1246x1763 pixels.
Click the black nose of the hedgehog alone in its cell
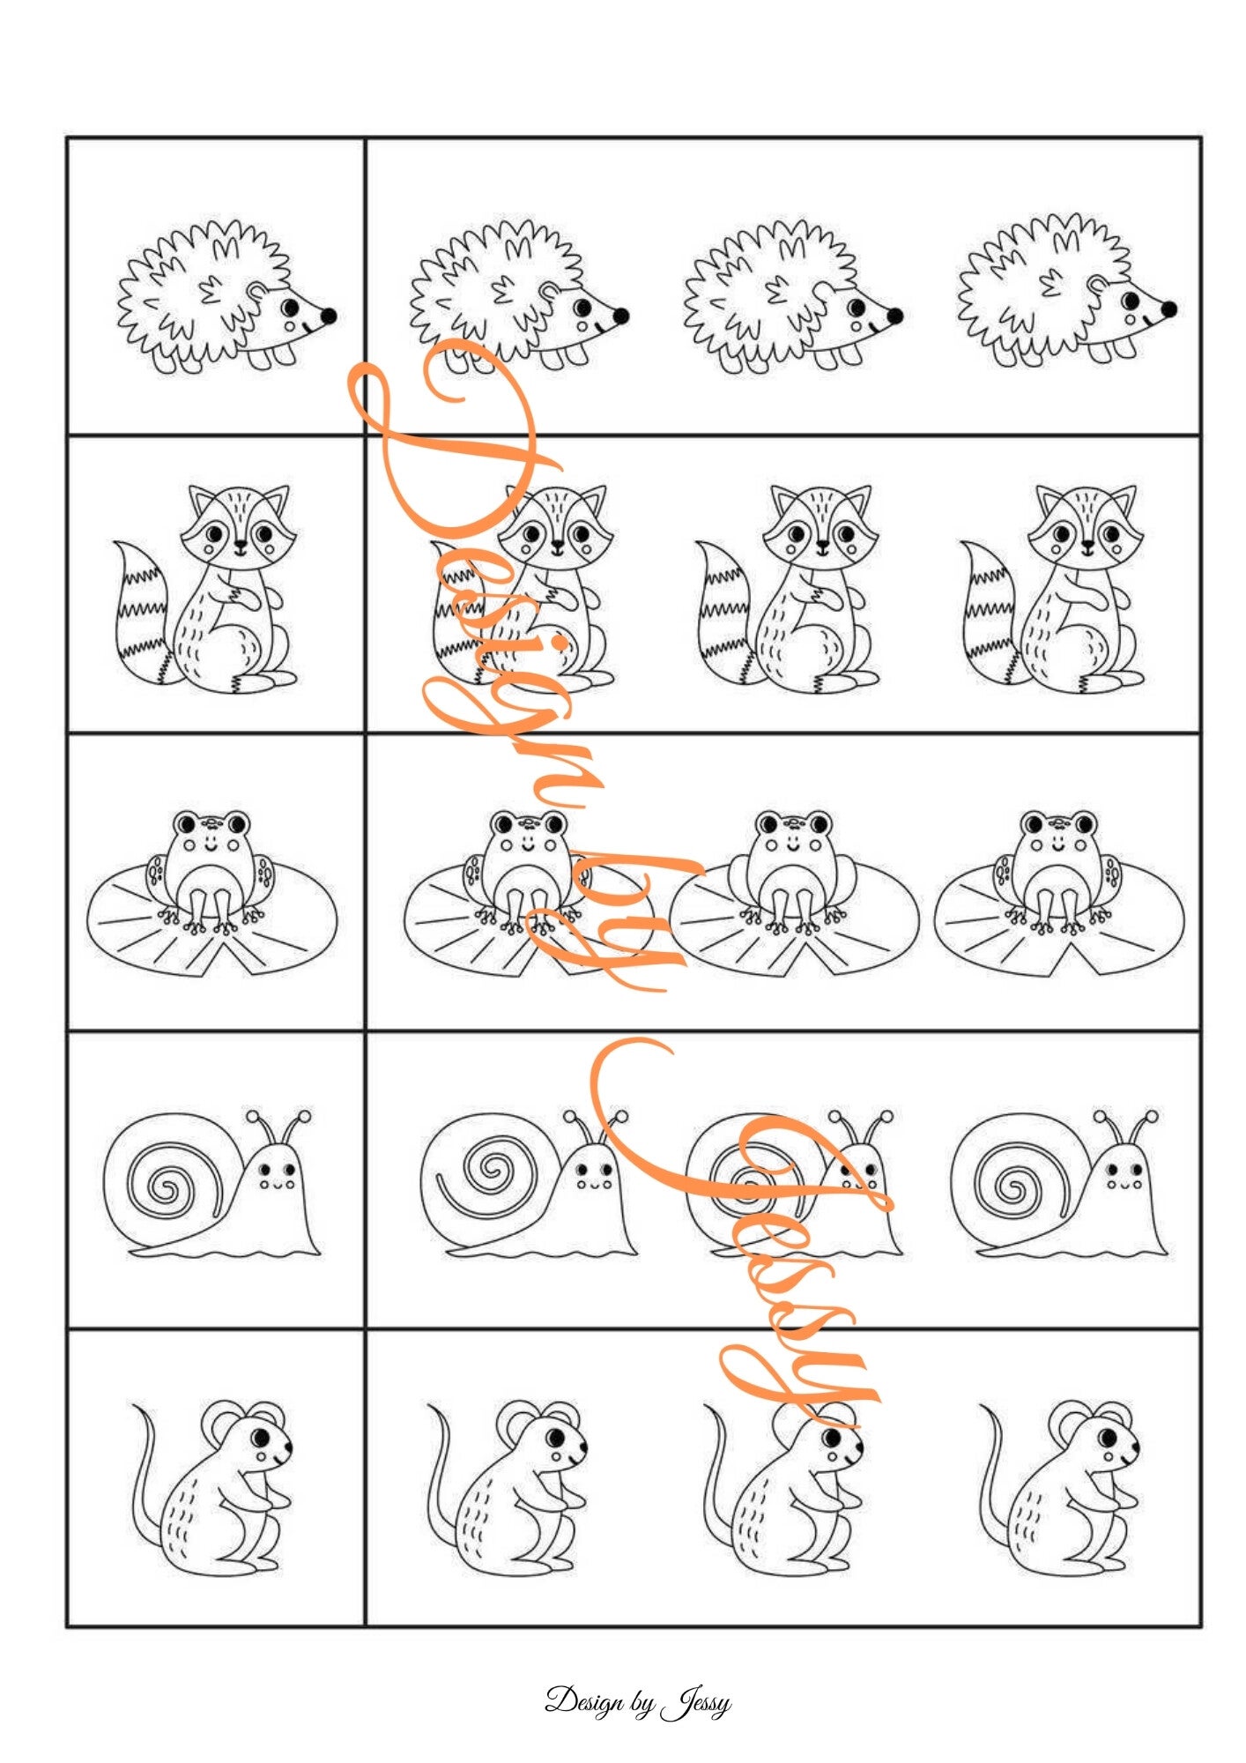point(328,316)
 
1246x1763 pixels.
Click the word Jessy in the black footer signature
point(696,1703)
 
